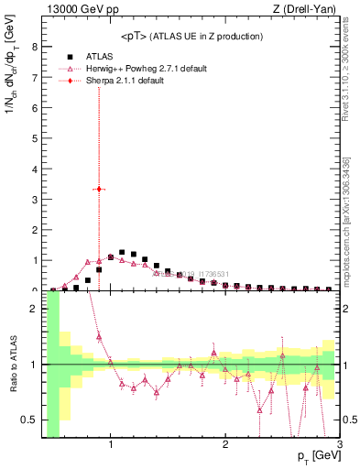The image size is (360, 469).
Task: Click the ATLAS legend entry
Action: point(98,56)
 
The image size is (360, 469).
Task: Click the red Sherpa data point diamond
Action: point(99,189)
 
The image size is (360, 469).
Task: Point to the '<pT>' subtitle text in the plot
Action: point(191,36)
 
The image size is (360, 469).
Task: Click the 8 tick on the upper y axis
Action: point(34,46)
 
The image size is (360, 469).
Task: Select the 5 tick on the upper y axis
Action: point(34,137)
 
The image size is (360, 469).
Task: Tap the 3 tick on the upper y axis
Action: point(34,199)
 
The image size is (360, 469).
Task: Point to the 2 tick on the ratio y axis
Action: point(34,309)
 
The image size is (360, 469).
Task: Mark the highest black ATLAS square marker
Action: point(122,252)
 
